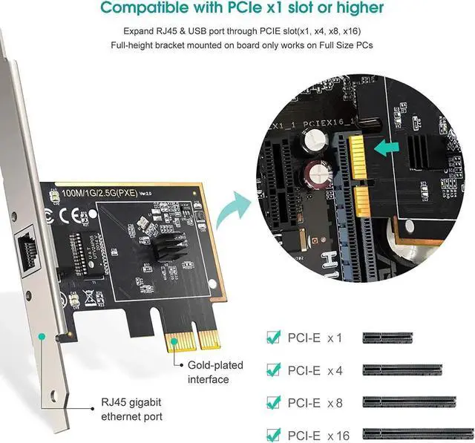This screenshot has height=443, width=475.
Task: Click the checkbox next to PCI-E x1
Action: coord(273,337)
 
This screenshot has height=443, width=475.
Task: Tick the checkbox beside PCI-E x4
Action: coord(273,369)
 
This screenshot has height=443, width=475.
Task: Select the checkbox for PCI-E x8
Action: coord(273,401)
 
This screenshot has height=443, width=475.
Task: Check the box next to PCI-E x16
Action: coord(273,433)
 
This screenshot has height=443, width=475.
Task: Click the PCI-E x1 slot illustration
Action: coord(387,338)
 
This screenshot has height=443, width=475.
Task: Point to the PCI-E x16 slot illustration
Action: coord(418,433)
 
